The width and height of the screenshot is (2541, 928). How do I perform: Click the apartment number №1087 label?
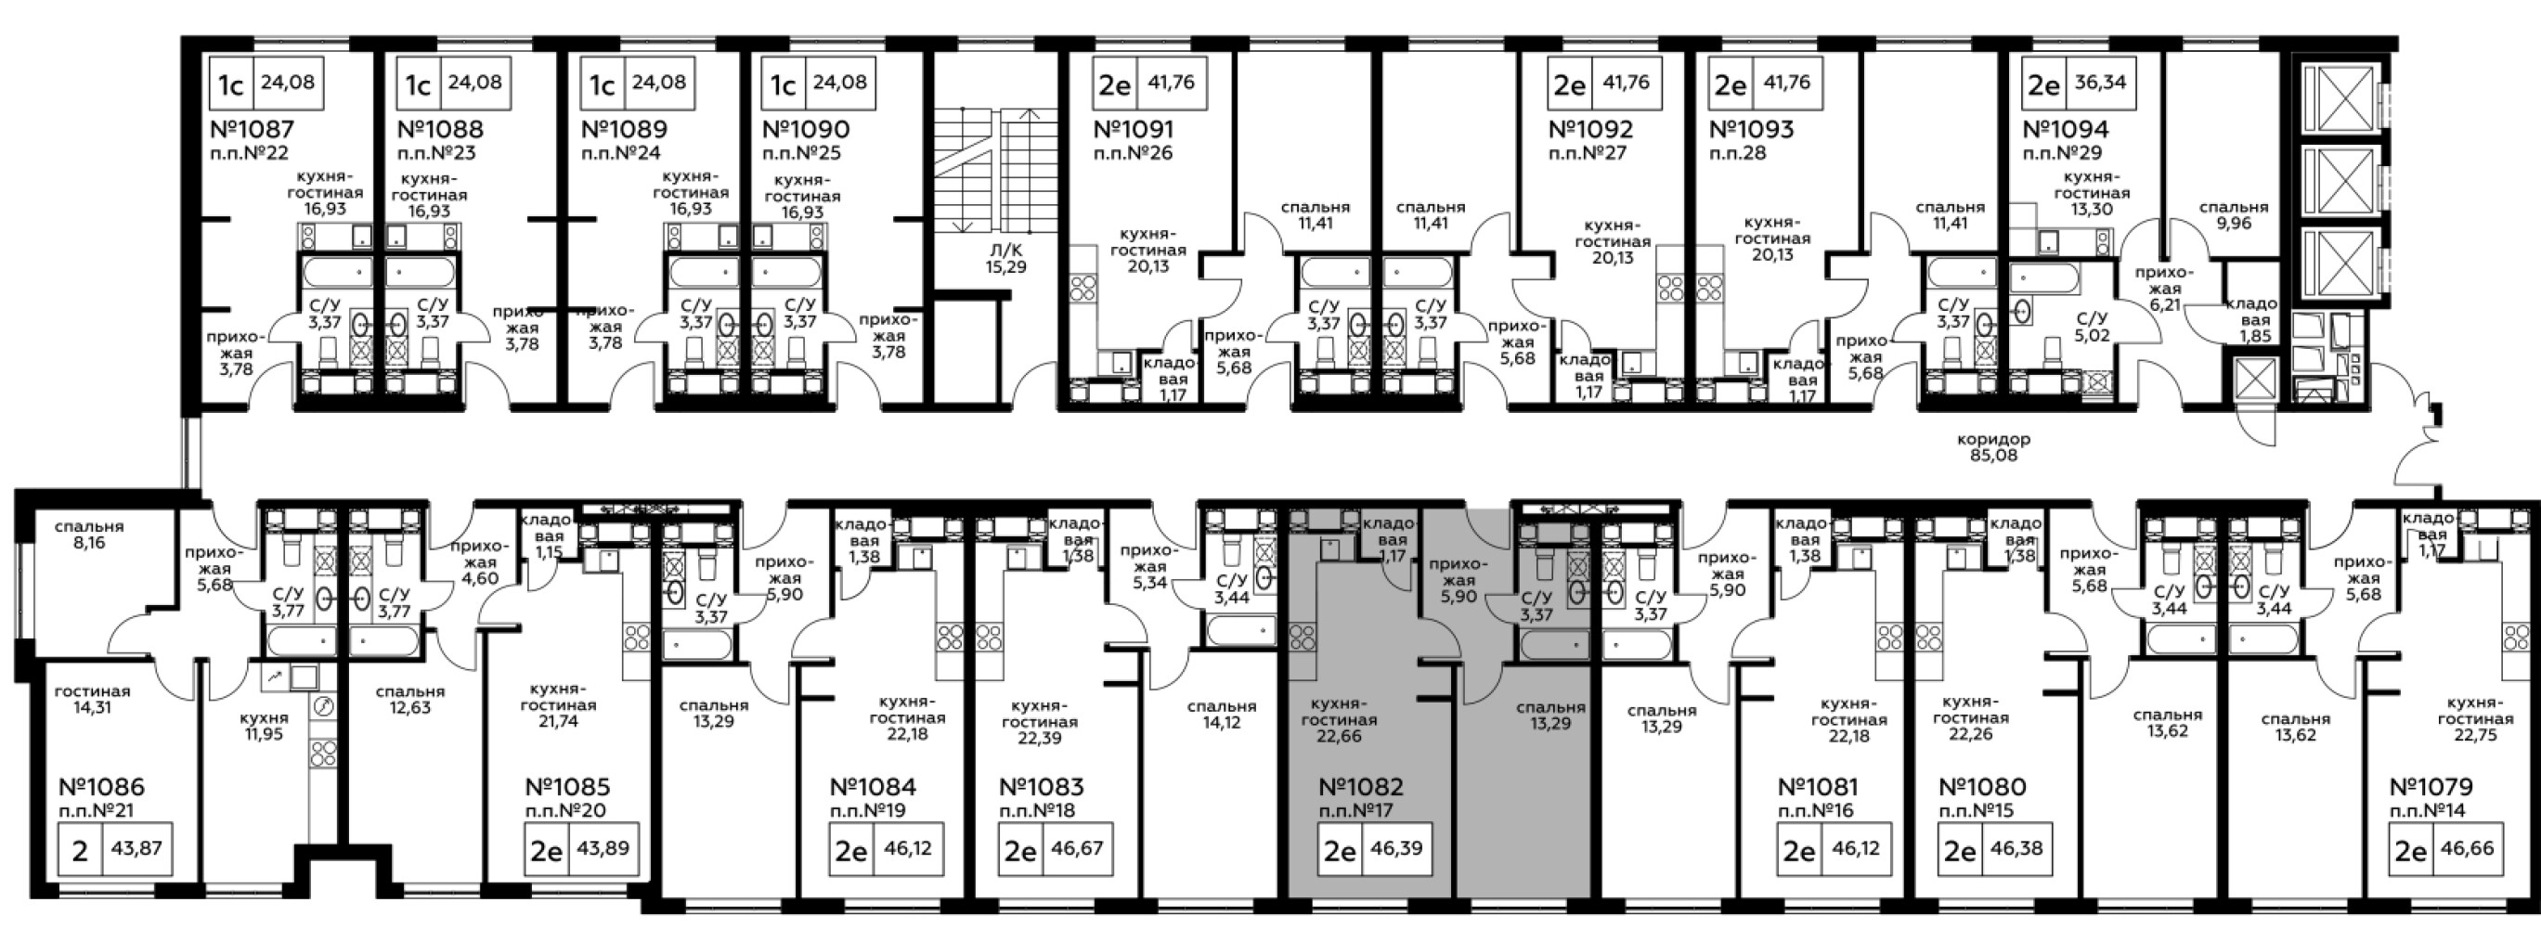coord(253,129)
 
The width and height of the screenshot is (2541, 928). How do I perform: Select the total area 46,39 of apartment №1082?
coord(1396,847)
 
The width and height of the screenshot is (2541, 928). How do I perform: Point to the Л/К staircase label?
coord(1005,250)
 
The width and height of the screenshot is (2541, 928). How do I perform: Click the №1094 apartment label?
coord(2065,129)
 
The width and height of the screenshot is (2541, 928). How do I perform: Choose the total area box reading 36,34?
coord(2099,82)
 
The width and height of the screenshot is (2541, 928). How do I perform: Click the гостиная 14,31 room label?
coord(92,699)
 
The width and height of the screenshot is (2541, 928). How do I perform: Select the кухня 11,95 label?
coord(265,725)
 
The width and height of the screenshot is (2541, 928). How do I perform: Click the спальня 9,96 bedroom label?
coord(2234,215)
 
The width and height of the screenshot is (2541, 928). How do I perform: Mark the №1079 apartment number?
coord(2431,787)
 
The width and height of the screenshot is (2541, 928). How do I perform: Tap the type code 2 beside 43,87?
coord(81,849)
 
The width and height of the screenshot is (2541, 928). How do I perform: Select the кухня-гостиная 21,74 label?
coord(558,705)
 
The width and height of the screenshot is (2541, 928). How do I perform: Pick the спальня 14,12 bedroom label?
coord(1221,714)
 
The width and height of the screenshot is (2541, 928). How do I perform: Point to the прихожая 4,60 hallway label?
coord(479,562)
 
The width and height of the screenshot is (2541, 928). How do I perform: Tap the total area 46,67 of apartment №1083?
coord(1077,847)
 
